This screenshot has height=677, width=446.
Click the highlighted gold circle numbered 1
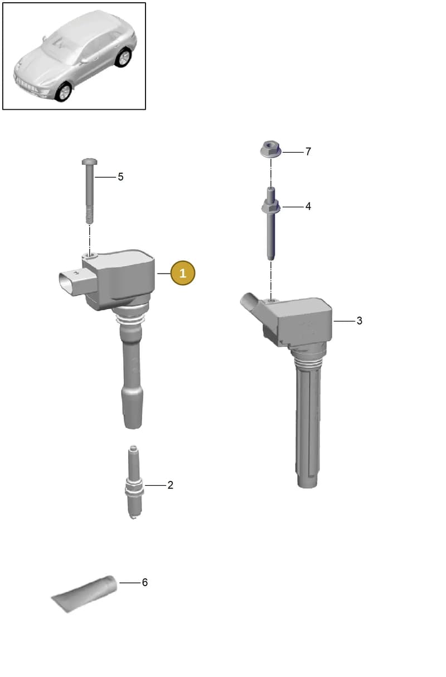(x=183, y=273)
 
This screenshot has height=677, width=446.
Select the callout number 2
(x=170, y=485)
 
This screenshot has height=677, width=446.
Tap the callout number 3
(x=359, y=320)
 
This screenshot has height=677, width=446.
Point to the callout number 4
(x=308, y=206)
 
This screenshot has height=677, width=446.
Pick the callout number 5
(x=120, y=177)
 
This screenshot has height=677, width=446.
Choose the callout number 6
(x=145, y=582)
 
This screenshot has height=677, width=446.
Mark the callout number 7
(x=308, y=152)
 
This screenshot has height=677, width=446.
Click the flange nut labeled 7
(x=270, y=149)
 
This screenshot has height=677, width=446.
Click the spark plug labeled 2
(x=134, y=483)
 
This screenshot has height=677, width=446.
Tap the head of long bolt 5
(x=90, y=162)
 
